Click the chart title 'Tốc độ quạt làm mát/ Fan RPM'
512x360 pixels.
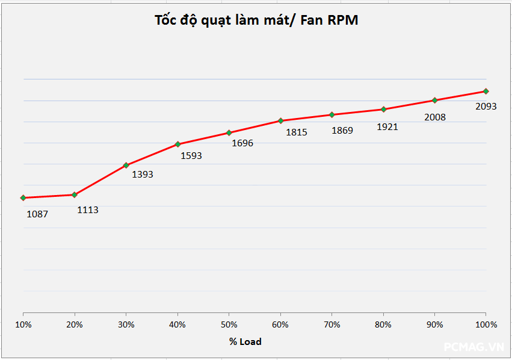point(256,20)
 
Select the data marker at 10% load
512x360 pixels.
point(23,197)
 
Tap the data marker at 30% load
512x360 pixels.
point(126,165)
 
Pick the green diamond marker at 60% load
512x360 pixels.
point(280,120)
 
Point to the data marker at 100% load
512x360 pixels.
point(486,91)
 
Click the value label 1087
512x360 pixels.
point(37,214)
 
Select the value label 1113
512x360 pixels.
point(88,210)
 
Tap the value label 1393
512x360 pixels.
point(143,175)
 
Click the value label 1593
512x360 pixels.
point(191,155)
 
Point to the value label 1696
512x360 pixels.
point(242,143)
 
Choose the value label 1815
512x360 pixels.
point(297,132)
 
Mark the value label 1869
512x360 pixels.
point(342,130)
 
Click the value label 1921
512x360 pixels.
point(387,127)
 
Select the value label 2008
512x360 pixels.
point(435,117)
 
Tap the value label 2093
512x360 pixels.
point(486,107)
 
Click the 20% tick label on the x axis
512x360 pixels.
point(74,324)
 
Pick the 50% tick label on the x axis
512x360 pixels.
point(229,324)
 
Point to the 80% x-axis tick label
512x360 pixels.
point(383,324)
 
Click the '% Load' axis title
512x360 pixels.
point(245,341)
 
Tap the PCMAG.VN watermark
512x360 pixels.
point(473,347)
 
